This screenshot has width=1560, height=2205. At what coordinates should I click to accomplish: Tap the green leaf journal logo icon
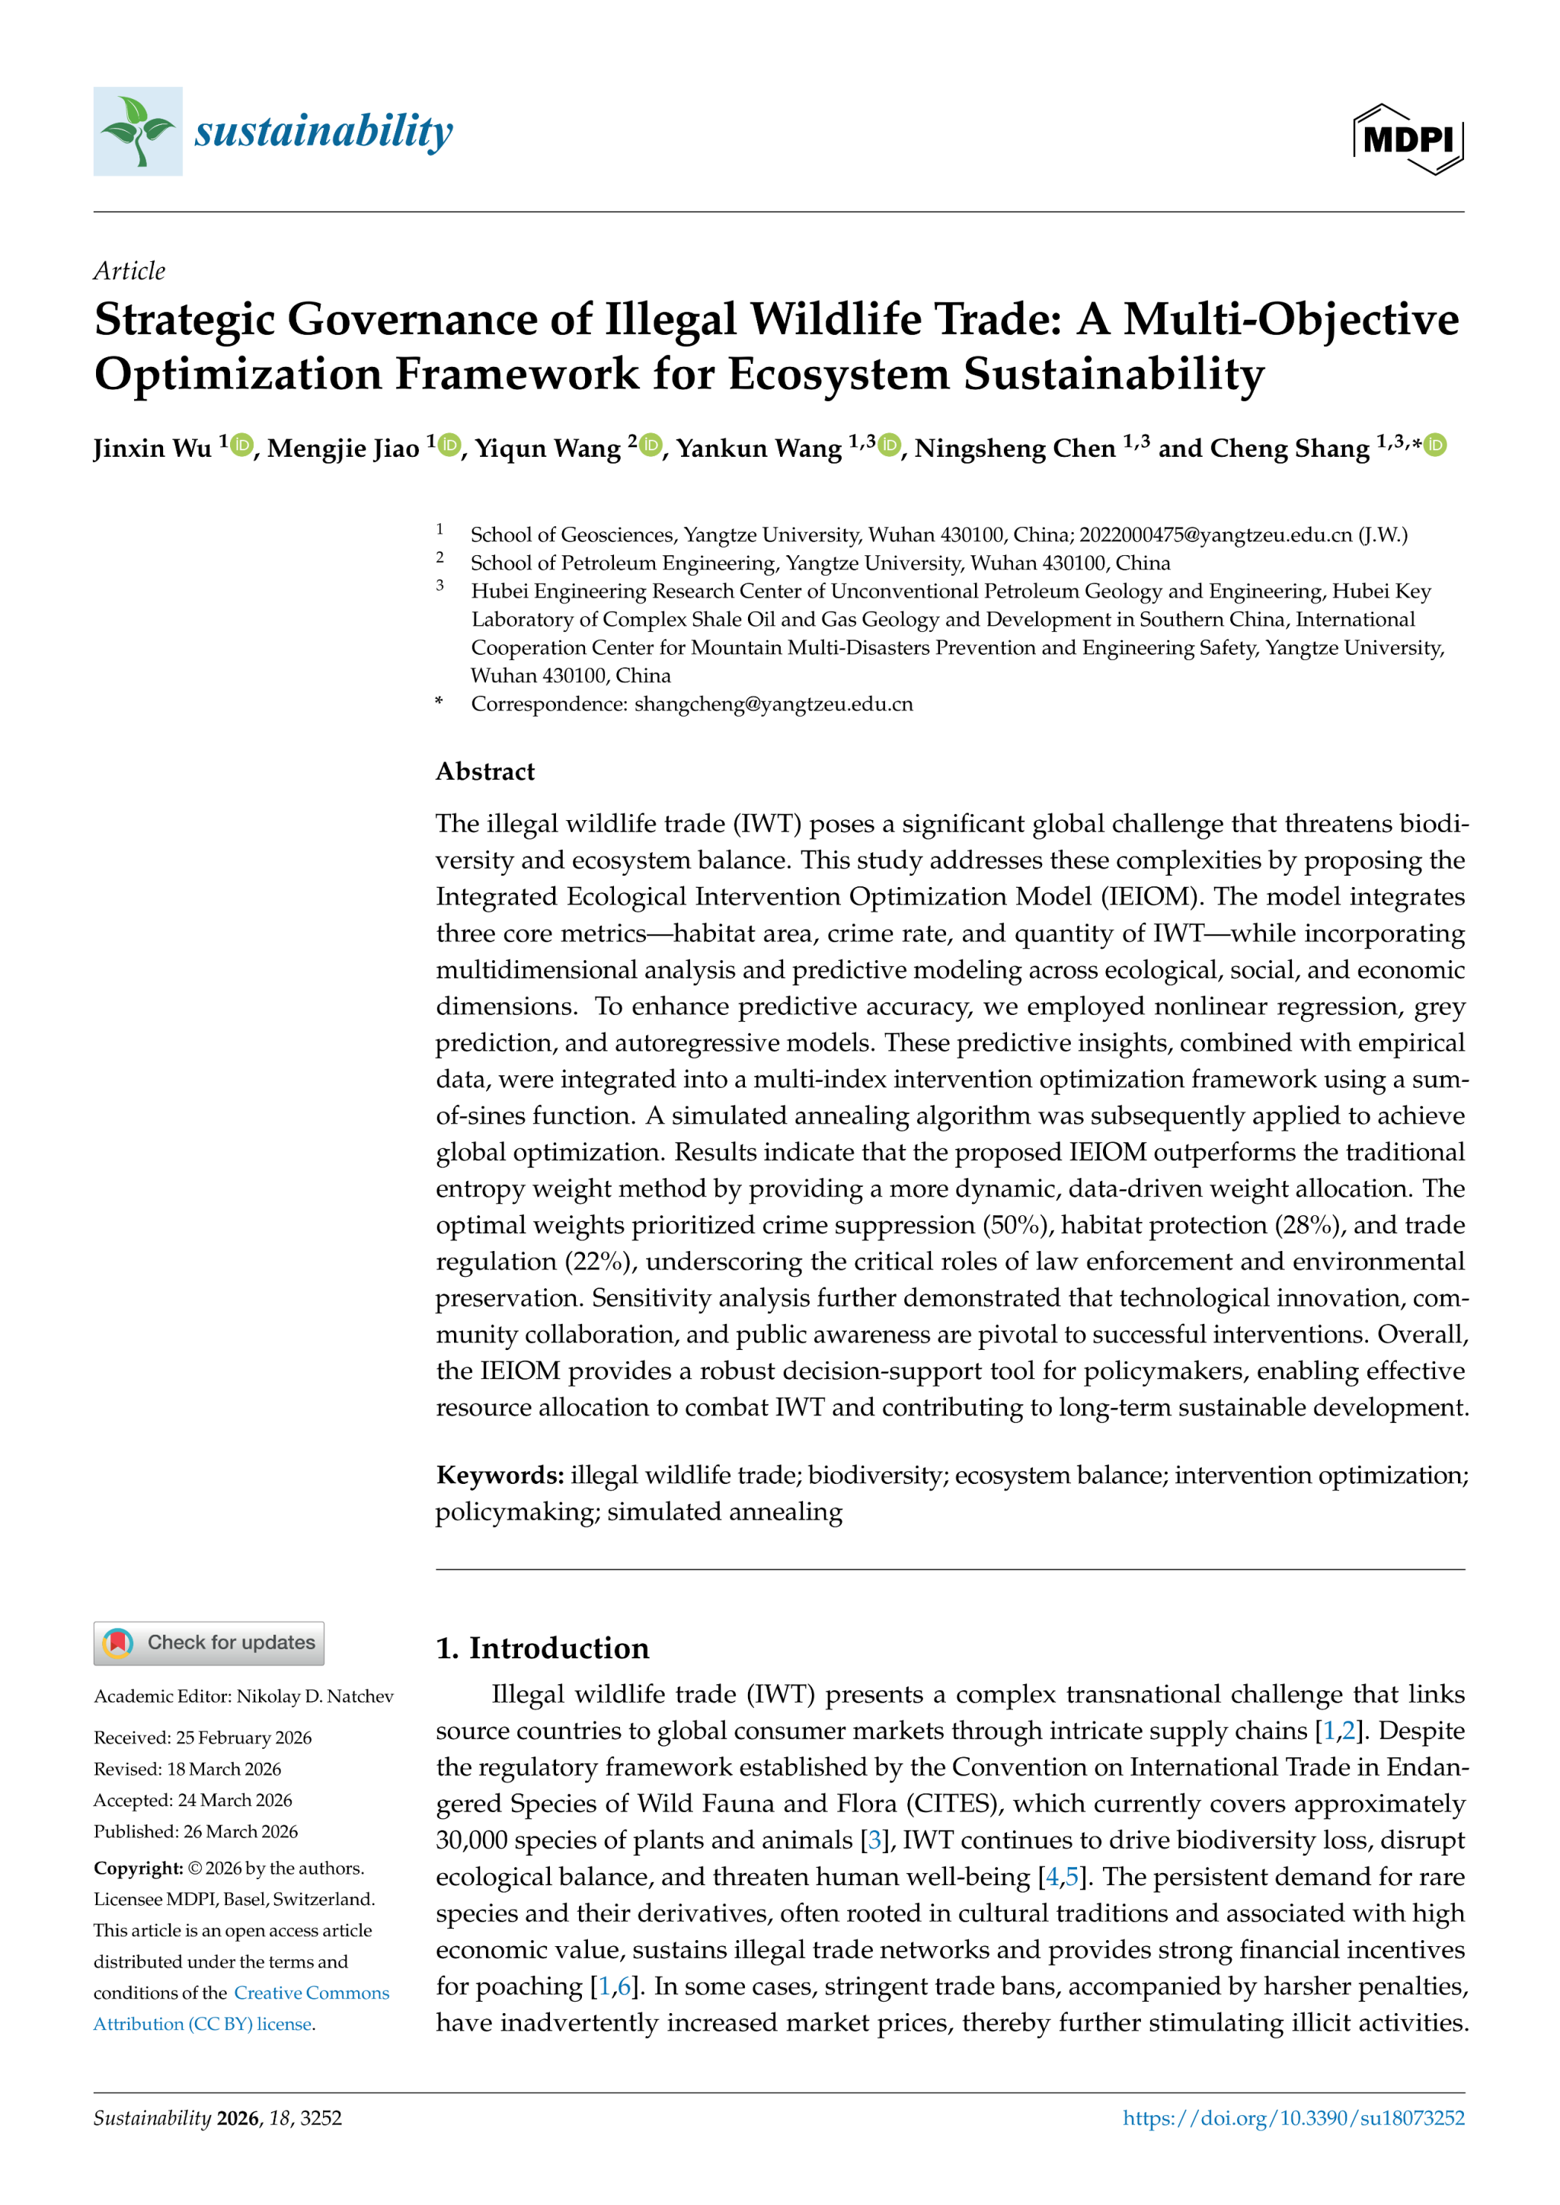click(x=137, y=132)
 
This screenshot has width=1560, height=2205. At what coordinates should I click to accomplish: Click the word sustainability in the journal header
click(x=323, y=132)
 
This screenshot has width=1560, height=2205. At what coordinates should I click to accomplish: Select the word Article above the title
click(x=129, y=271)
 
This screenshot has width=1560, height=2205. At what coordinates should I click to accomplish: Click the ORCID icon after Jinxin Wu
click(x=242, y=445)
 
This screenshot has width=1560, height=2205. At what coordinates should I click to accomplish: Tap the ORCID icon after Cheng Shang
click(x=1435, y=445)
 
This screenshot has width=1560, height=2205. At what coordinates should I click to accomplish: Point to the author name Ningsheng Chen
click(x=1015, y=448)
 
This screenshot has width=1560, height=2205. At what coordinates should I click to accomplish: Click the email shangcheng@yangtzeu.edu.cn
click(x=773, y=704)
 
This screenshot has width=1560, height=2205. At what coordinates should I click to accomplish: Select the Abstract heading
click(x=485, y=771)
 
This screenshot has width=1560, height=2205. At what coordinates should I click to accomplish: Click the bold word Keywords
click(x=500, y=1475)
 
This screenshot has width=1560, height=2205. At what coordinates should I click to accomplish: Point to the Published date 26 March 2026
click(x=240, y=1831)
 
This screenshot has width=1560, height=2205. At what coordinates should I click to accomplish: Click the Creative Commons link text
click(x=312, y=1993)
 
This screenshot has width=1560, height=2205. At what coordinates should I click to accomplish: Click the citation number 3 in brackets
click(x=874, y=1841)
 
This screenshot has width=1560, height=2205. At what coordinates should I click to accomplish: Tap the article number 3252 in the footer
click(x=321, y=2117)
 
